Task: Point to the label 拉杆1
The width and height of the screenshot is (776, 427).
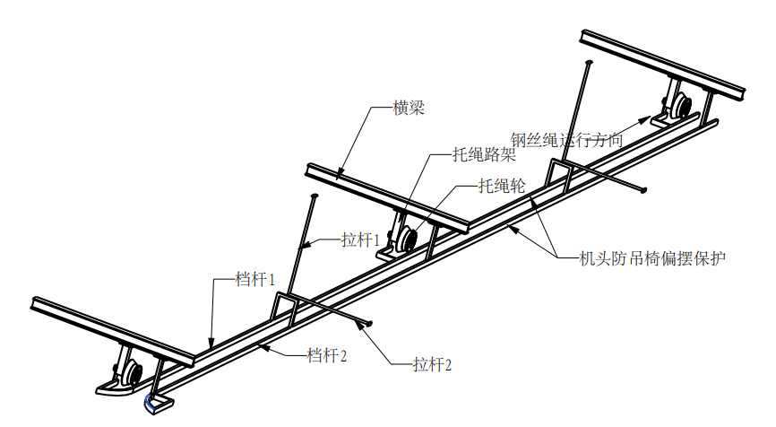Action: (361, 240)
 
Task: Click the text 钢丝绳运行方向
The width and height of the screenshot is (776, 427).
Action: (565, 140)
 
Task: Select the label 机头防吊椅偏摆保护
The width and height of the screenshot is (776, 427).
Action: (652, 258)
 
